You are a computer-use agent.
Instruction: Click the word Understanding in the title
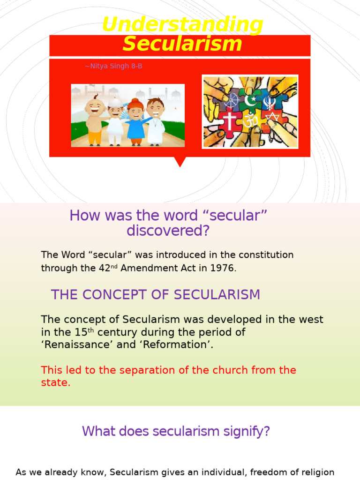[x=182, y=24]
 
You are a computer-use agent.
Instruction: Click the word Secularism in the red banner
[x=182, y=44]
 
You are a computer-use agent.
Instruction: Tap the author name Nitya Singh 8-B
[x=113, y=66]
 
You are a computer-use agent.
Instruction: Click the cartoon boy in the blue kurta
[x=136, y=121]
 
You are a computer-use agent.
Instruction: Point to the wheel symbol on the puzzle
[x=232, y=100]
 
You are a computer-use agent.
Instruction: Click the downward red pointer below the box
[x=180, y=162]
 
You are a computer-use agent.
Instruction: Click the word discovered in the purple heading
[x=168, y=231]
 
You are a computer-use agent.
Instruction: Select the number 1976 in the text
[x=223, y=269]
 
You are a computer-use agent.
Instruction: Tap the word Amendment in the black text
[x=144, y=269]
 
